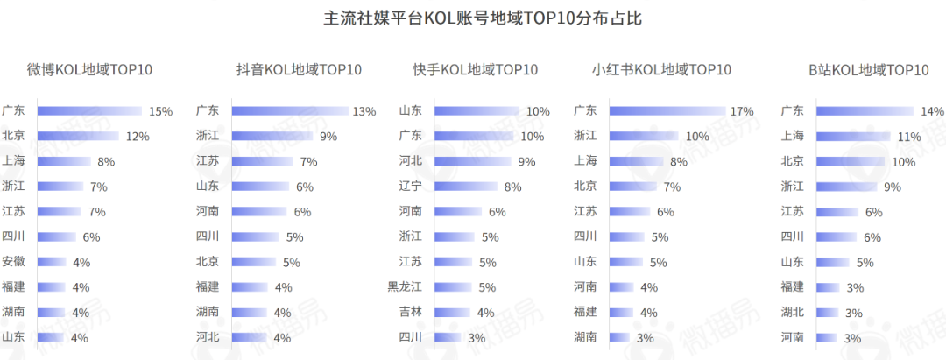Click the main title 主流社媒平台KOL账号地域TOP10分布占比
[x=473, y=18]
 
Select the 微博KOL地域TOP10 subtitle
[x=90, y=70]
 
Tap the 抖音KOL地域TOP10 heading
[x=299, y=70]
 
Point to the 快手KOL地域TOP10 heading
[x=476, y=70]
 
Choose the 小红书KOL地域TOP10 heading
[x=661, y=70]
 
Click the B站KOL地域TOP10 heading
[x=869, y=70]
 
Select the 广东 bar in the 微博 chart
[x=88, y=111]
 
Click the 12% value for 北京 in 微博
[x=138, y=137]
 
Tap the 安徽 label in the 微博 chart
[x=13, y=261]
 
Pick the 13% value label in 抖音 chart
[x=364, y=111]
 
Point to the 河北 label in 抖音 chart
[x=208, y=336]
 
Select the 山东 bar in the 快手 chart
[x=477, y=111]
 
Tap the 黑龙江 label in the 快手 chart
[x=405, y=286]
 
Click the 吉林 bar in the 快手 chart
[x=453, y=312]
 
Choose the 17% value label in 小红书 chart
[x=742, y=111]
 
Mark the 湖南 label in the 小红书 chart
[x=585, y=336]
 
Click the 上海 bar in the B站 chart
[x=852, y=137]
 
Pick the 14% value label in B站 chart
[x=932, y=111]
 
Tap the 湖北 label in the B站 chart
[x=792, y=312]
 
